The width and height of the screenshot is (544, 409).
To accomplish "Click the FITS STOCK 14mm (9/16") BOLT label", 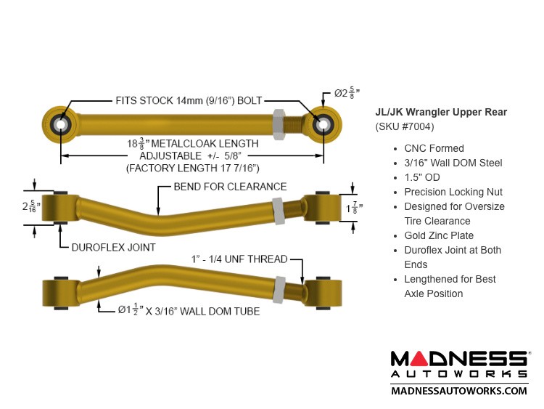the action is click(189, 101).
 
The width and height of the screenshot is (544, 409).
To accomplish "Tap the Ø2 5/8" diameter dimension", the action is click(347, 93).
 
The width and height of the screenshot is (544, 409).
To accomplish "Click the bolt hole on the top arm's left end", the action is click(61, 124).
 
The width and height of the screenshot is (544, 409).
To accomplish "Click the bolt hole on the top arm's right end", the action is click(323, 124).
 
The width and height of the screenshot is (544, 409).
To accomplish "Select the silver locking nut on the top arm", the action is click(279, 124).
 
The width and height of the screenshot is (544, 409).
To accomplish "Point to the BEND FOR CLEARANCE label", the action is click(230, 187).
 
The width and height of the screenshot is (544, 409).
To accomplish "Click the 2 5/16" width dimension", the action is click(31, 206).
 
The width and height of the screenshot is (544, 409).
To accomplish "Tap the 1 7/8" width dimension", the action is click(354, 208).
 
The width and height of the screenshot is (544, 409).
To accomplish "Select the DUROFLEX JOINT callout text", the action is click(113, 248).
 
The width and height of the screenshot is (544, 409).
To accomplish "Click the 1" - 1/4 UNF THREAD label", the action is click(239, 259).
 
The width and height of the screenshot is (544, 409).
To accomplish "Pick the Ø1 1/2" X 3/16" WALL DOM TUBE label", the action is click(189, 310).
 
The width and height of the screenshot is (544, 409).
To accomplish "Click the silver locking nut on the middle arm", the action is click(279, 211).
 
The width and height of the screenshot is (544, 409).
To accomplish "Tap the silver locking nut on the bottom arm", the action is click(279, 290).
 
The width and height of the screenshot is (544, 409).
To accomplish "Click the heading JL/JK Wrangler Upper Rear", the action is click(441, 112).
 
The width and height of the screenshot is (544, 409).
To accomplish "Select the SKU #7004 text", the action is click(405, 126).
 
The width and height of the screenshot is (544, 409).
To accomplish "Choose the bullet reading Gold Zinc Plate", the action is click(439, 235).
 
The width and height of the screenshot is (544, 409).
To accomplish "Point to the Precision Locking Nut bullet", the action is click(453, 192).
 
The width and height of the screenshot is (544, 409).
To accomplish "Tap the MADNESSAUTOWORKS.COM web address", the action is click(459, 391).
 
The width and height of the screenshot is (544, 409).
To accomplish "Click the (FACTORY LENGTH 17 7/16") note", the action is click(192, 169).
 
